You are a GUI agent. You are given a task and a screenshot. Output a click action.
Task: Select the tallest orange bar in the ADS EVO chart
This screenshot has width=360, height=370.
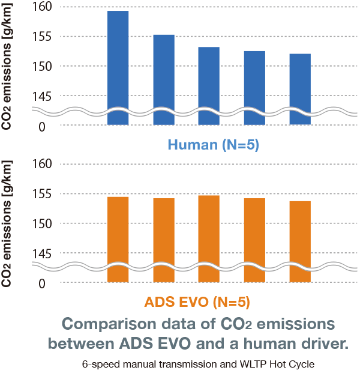(x=209, y=234)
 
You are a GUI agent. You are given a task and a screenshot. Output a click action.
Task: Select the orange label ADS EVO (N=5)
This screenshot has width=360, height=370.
(x=197, y=302)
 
